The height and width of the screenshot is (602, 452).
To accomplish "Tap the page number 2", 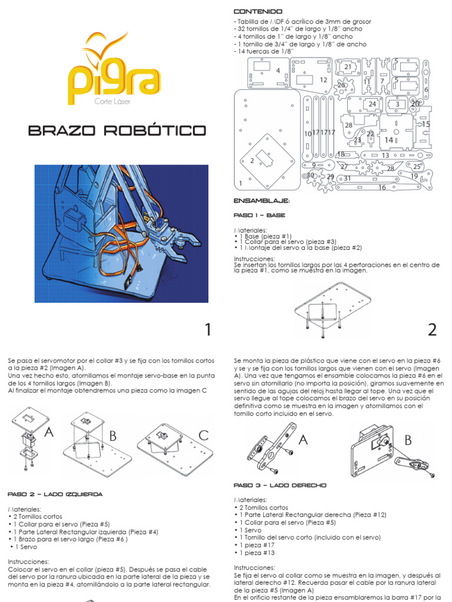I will (x=432, y=330).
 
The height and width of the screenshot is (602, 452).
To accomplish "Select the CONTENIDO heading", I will (x=258, y=12).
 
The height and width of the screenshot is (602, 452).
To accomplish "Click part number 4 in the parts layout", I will (x=277, y=71).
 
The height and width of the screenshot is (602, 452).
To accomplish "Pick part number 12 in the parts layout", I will (x=323, y=80).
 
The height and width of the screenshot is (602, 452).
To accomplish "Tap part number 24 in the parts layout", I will (x=372, y=105).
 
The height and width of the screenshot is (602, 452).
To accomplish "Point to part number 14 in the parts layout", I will (x=388, y=140).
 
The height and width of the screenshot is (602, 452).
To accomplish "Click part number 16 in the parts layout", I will (x=382, y=188).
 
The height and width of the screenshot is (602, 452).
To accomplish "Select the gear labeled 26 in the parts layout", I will (x=341, y=86).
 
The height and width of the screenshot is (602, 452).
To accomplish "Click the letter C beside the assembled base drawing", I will (x=203, y=436).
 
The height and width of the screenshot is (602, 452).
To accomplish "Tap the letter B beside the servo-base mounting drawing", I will (x=111, y=436).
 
